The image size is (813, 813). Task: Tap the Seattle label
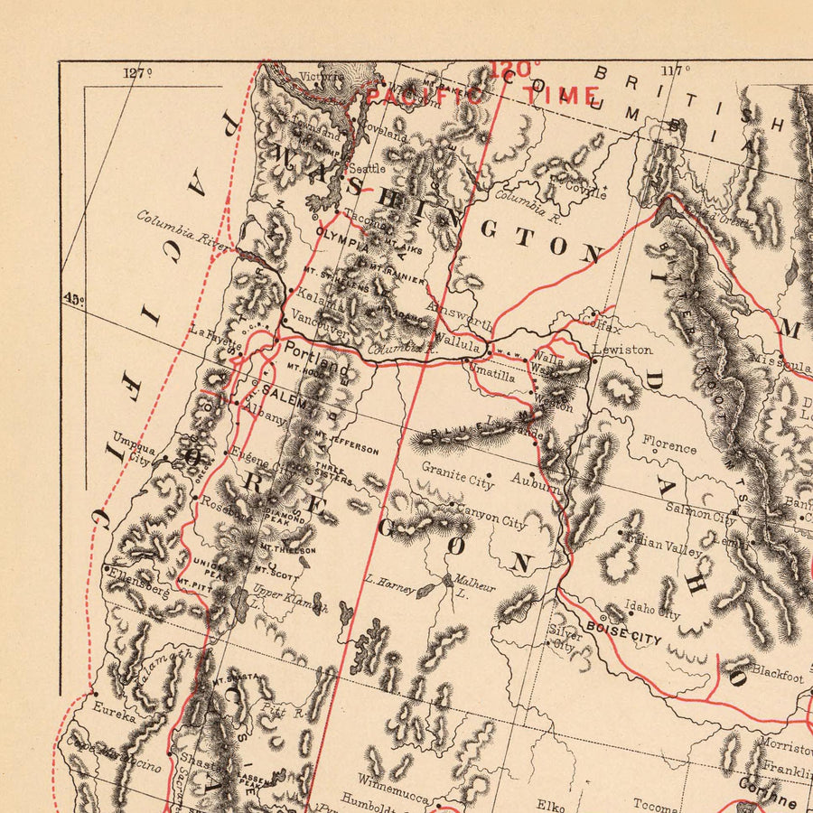(x=367, y=167)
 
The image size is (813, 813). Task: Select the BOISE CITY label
(x=623, y=631)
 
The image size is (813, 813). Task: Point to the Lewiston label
(x=622, y=349)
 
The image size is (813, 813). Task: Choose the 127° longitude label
(x=137, y=74)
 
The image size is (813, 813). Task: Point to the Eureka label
(x=112, y=717)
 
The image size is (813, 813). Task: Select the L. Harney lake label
(x=389, y=584)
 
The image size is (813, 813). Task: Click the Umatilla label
(x=492, y=377)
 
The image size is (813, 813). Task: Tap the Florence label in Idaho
(x=669, y=445)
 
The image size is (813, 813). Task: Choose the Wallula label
(x=455, y=341)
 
